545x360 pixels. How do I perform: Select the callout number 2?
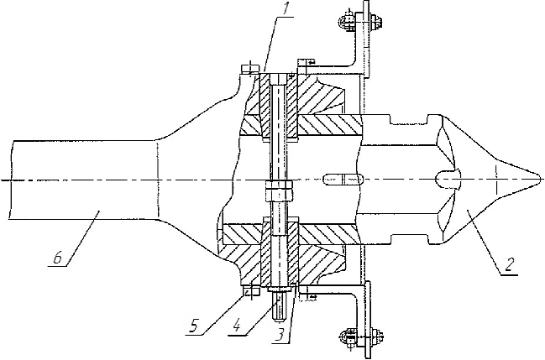510,269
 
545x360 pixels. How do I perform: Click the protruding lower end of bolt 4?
279,302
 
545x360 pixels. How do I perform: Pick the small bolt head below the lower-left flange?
247,292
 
